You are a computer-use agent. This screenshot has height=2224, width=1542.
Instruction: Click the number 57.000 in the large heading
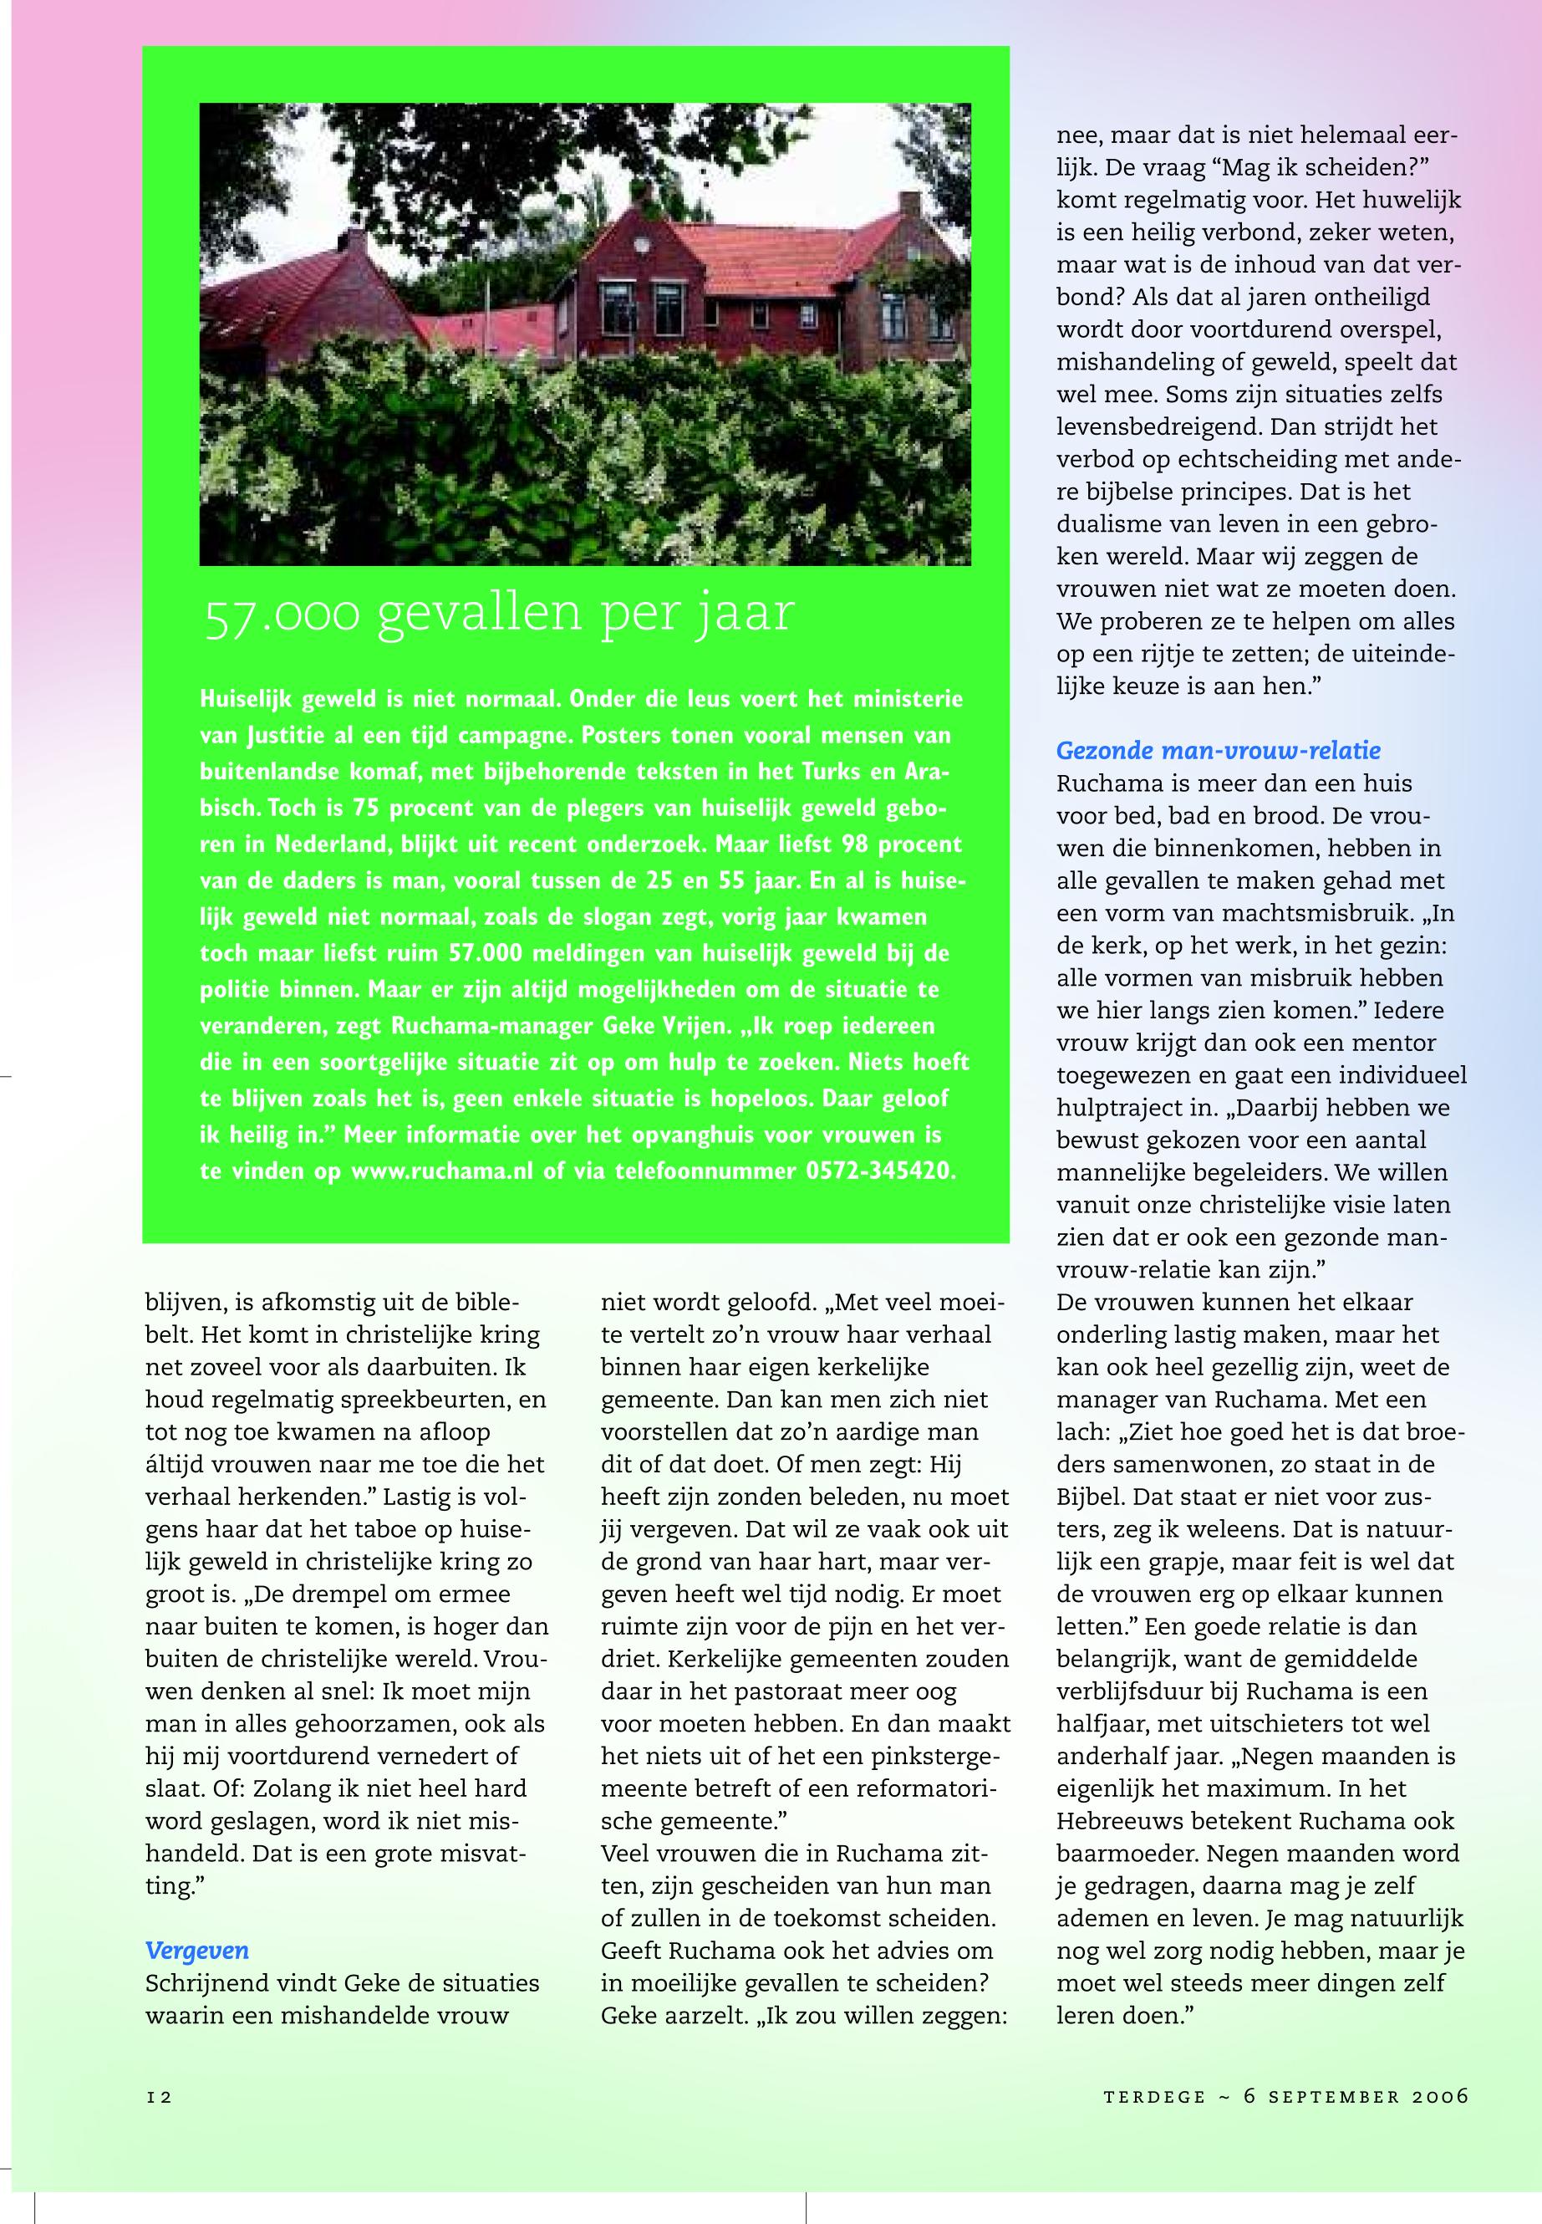tap(283, 615)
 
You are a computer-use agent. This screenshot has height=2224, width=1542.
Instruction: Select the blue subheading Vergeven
tap(196, 1951)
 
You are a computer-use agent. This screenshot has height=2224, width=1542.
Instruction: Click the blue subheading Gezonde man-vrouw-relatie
tap(1219, 750)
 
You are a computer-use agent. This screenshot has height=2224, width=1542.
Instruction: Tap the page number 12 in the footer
tap(159, 2094)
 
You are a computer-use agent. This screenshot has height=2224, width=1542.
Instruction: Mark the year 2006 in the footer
tap(1439, 2094)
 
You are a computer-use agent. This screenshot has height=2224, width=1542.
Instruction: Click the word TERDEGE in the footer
tap(1154, 2094)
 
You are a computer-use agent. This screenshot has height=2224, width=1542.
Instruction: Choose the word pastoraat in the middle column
tap(774, 1691)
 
